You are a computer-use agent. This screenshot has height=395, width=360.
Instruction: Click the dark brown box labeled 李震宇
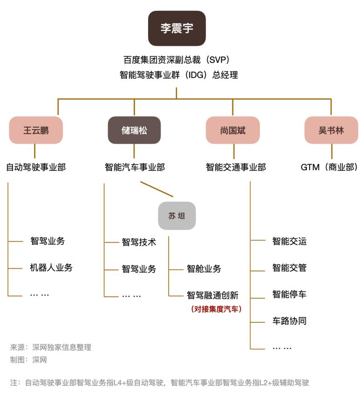point(177,28)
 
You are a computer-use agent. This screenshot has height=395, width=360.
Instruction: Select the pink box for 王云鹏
point(36,130)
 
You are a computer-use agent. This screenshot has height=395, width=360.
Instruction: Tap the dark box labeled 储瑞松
point(134,130)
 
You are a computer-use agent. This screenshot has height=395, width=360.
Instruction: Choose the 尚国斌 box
point(233,130)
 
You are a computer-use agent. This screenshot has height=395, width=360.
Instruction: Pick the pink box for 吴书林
point(331,130)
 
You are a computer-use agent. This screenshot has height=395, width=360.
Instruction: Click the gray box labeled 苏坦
point(177,216)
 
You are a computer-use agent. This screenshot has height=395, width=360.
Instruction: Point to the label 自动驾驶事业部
point(36,167)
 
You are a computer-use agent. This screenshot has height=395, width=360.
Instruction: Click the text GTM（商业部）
point(329,167)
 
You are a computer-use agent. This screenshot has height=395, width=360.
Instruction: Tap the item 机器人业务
point(51,267)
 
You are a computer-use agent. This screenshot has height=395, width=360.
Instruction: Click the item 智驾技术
point(139,242)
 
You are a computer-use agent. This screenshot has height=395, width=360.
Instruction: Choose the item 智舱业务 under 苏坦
point(204,268)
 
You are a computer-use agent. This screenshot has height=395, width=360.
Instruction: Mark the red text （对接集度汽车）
point(217,308)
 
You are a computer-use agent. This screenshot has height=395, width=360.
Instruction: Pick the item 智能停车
point(289,294)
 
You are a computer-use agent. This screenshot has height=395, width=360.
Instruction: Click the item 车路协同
point(289,321)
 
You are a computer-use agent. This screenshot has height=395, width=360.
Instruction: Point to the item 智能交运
point(289,241)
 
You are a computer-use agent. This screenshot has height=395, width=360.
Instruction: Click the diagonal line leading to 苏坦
point(156,189)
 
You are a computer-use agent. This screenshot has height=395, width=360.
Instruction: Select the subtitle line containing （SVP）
point(177,60)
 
